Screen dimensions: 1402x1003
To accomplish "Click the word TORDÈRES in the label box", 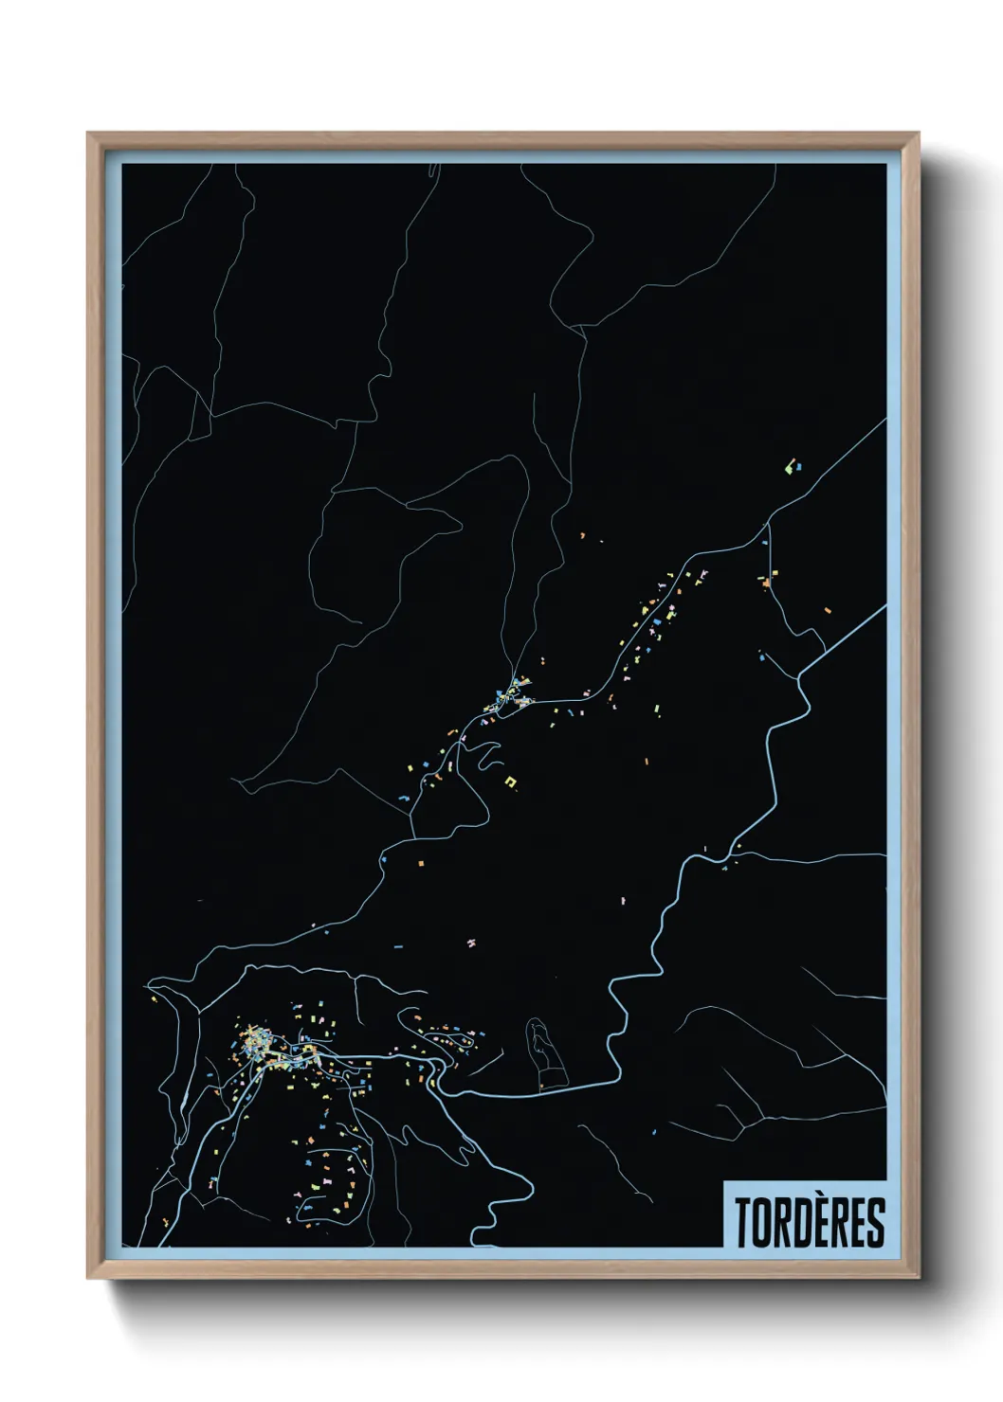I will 809,1222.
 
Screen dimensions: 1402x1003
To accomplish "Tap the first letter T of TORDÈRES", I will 742,1223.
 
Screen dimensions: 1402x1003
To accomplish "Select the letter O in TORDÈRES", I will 760,1223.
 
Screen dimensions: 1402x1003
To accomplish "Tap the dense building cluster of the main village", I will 256,1047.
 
